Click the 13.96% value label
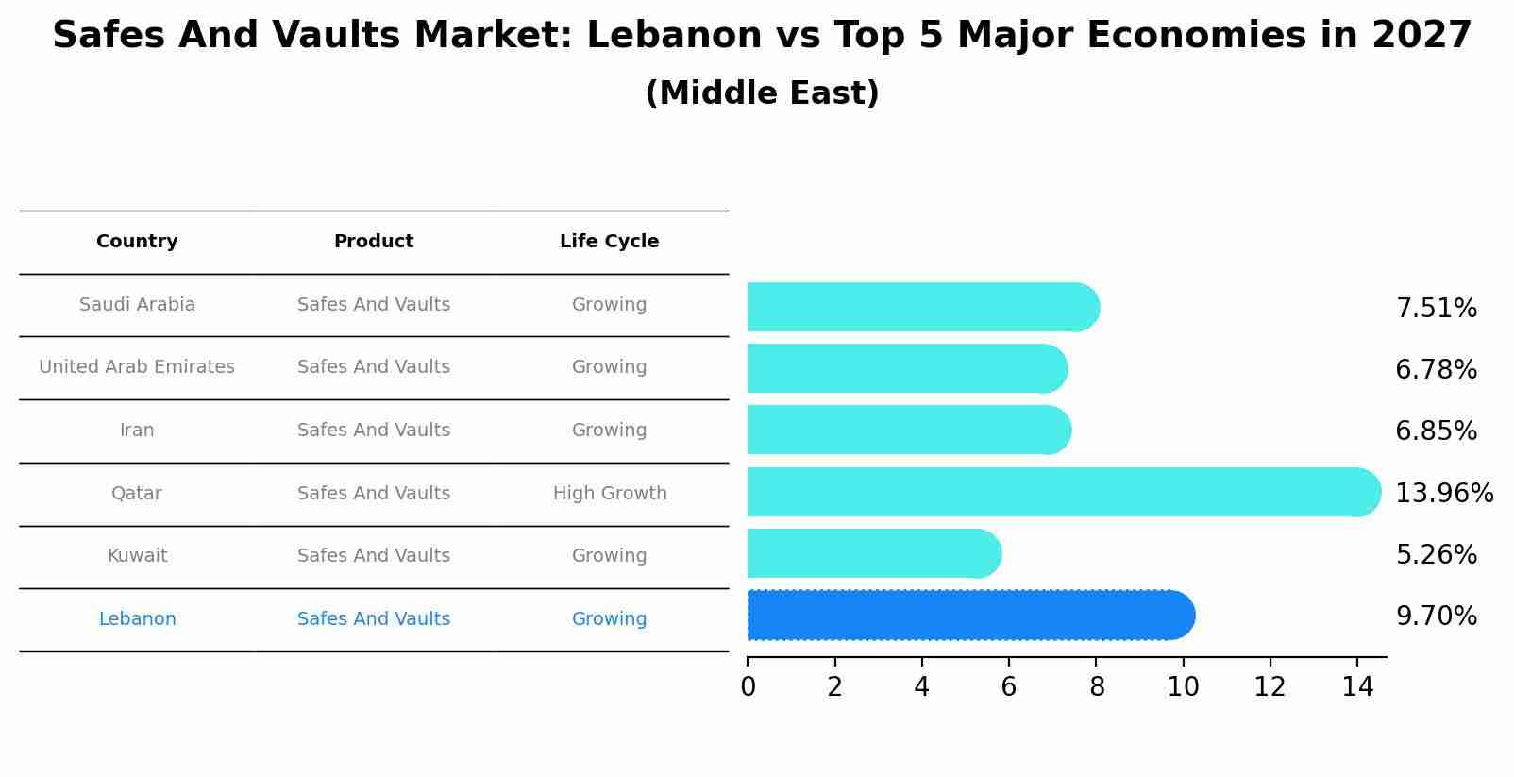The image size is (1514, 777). click(x=1443, y=494)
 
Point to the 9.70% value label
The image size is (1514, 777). click(x=1436, y=617)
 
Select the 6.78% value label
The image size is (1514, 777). click(x=1436, y=370)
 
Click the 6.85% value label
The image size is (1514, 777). click(x=1436, y=431)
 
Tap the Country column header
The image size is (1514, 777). click(x=137, y=242)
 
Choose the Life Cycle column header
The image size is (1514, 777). click(x=609, y=242)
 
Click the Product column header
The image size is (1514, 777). click(x=374, y=242)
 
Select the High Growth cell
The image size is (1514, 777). click(x=610, y=494)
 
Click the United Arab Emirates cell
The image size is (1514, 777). click(x=137, y=367)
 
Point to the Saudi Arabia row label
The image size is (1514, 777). click(x=137, y=305)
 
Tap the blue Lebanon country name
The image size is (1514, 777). click(x=137, y=619)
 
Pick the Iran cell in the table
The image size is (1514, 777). click(x=137, y=431)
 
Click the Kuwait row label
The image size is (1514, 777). click(x=137, y=556)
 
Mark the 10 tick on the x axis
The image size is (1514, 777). click(x=1183, y=687)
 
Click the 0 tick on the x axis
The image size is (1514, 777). click(x=748, y=687)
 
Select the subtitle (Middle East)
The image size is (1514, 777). click(x=762, y=93)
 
